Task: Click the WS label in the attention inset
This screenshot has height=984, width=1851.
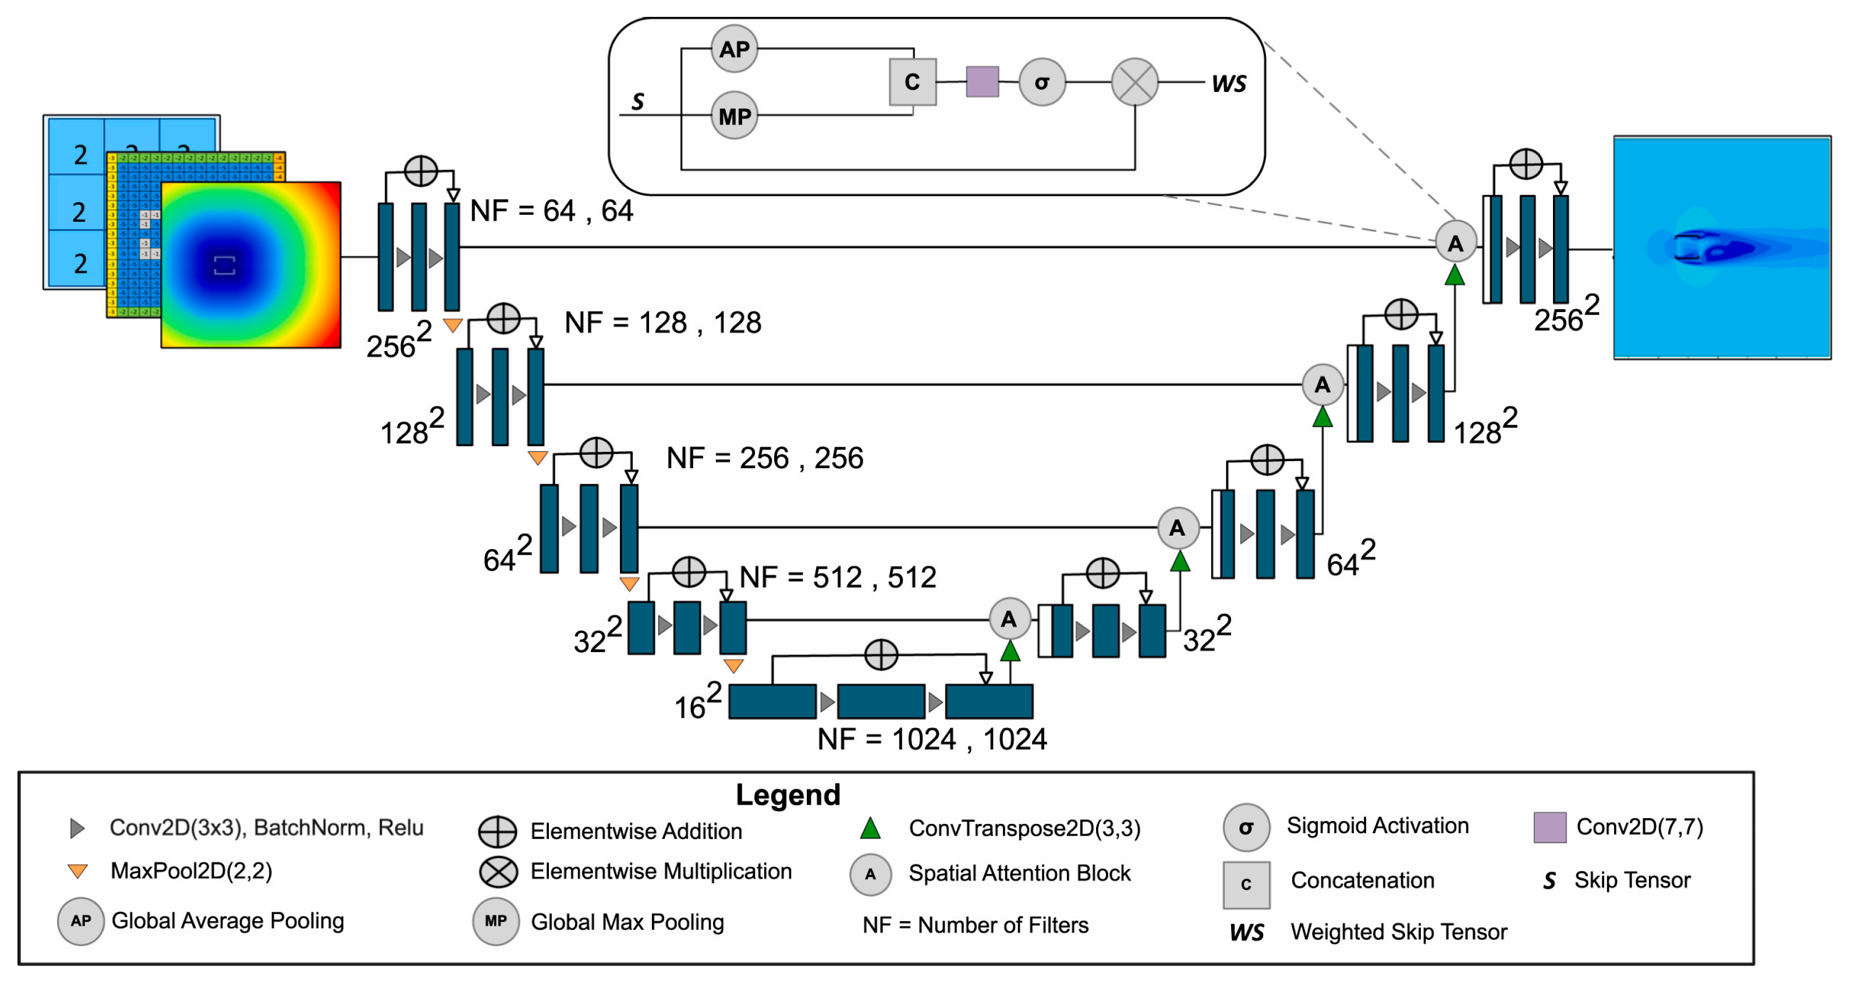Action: point(1228,84)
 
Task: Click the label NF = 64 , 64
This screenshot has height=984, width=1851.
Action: point(551,211)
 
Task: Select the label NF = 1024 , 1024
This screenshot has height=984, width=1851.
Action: point(931,739)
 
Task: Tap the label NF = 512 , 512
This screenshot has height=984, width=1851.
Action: point(837,577)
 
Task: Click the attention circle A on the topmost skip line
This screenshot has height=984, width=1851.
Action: point(1455,243)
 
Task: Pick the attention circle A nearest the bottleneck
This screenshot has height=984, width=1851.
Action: point(1009,619)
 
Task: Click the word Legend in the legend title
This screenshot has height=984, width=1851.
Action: point(788,794)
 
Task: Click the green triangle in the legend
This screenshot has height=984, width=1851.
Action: point(870,829)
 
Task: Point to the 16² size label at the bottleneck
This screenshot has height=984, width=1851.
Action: point(697,703)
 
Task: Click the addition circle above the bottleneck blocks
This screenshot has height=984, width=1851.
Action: point(881,655)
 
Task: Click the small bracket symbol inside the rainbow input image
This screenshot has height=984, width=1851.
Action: point(225,266)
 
